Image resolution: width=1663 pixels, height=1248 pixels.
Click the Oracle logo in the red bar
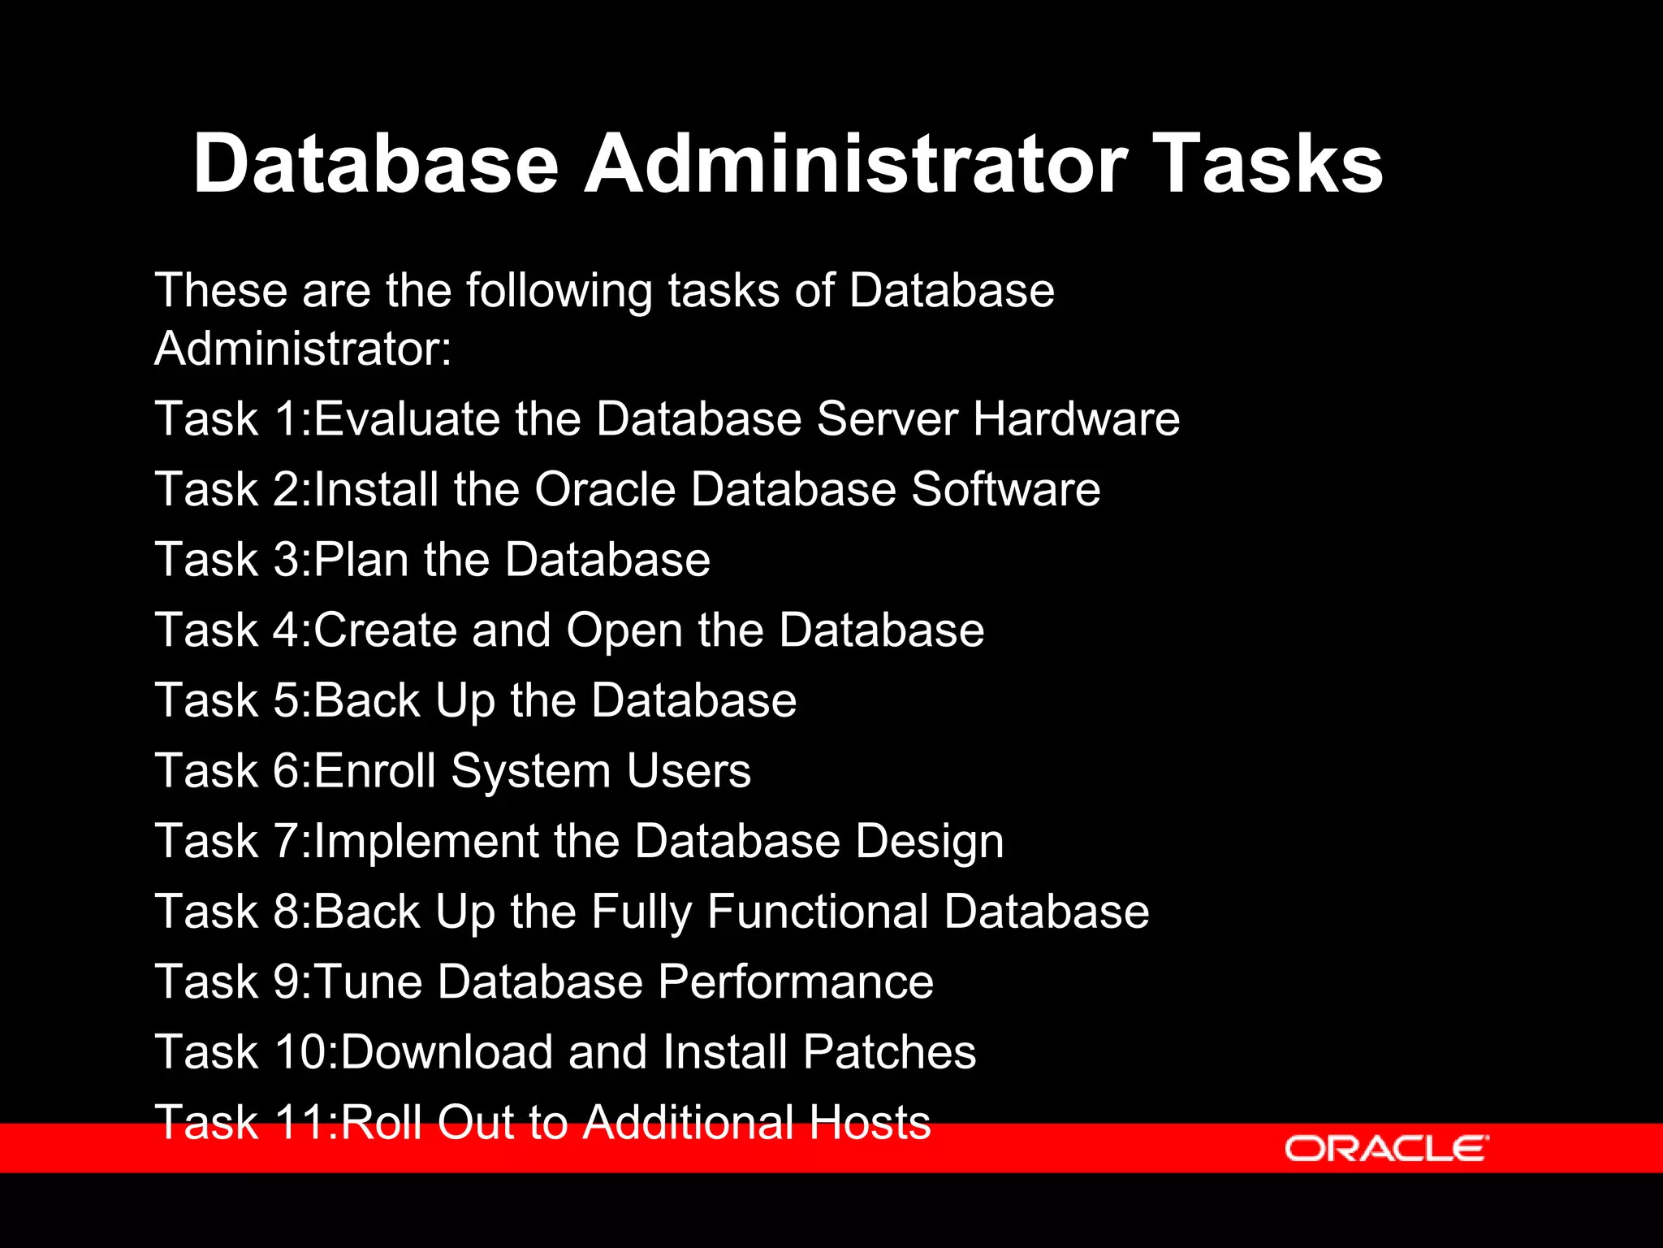tap(1386, 1148)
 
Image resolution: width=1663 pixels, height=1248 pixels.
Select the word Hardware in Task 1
tap(1076, 419)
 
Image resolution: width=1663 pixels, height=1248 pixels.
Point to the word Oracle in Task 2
tap(605, 490)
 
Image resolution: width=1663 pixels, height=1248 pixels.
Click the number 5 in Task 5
tap(286, 700)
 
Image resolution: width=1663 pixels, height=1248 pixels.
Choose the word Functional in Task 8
tap(817, 912)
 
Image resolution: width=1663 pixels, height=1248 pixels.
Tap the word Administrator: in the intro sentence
tap(303, 349)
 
